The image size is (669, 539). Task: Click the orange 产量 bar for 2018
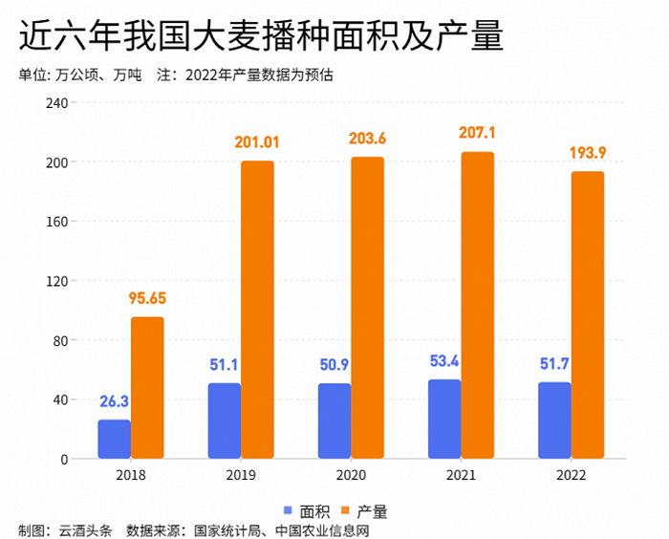(x=147, y=388)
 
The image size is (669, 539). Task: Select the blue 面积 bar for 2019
(x=224, y=420)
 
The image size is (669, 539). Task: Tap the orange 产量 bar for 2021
(x=477, y=306)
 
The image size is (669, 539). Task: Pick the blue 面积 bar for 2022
(x=554, y=420)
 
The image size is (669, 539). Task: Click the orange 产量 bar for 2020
(x=367, y=308)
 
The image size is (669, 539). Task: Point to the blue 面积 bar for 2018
(x=114, y=439)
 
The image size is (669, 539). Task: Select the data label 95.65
(x=147, y=299)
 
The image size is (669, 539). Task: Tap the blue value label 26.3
(x=114, y=401)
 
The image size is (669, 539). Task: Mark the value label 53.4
(x=443, y=361)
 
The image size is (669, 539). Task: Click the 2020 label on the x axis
(x=351, y=475)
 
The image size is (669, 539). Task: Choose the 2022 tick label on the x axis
(x=571, y=475)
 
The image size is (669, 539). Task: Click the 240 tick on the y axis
(x=56, y=103)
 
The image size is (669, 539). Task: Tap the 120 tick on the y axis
(x=56, y=281)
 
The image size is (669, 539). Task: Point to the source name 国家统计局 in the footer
(x=229, y=530)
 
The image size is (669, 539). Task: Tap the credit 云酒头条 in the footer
(x=86, y=530)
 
